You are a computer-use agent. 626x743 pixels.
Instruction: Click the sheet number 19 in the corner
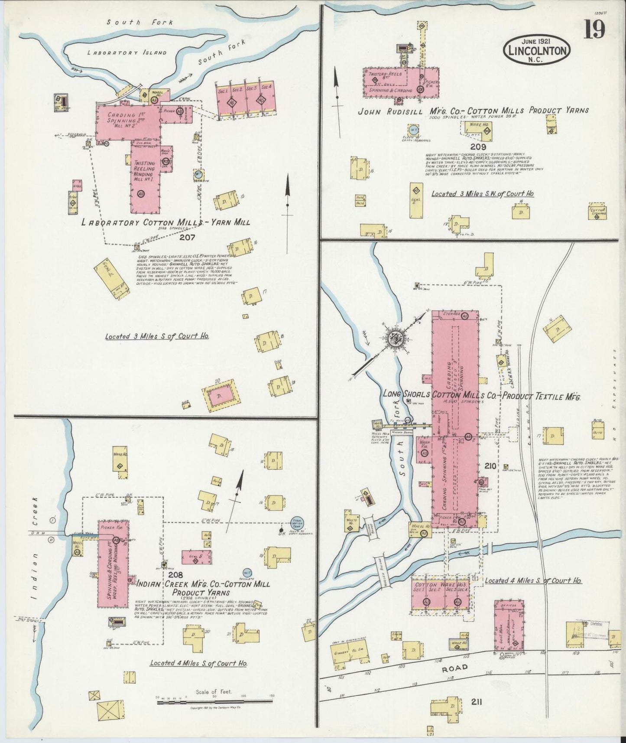[594, 30]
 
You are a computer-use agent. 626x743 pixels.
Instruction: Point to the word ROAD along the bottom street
[455, 668]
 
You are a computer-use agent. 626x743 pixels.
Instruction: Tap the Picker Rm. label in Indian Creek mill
[113, 528]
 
